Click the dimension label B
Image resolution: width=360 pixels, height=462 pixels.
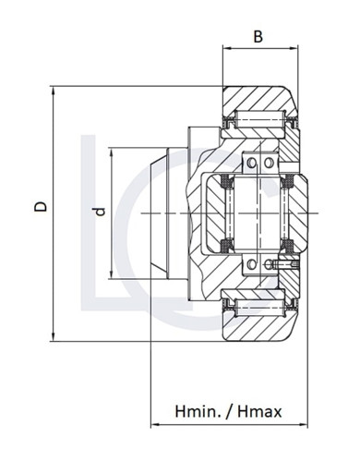click(258, 38)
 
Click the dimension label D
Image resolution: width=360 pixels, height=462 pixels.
click(41, 208)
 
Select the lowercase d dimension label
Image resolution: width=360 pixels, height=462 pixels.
click(100, 212)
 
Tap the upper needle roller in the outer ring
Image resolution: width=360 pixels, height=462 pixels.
click(260, 120)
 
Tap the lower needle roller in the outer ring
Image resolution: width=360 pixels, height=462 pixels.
click(260, 305)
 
